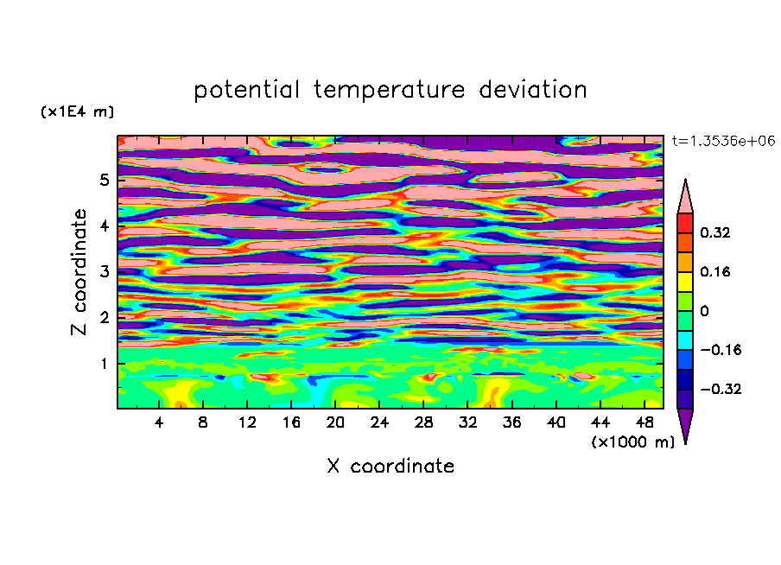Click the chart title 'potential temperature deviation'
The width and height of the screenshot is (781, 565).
(x=390, y=90)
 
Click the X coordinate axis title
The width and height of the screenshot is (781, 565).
(x=390, y=466)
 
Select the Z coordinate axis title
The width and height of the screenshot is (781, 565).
(x=79, y=271)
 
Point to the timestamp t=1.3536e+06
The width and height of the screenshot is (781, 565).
(x=723, y=141)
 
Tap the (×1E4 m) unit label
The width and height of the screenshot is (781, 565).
(x=77, y=111)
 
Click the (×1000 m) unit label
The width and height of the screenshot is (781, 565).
(x=632, y=442)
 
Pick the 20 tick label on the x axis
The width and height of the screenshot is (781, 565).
(x=335, y=422)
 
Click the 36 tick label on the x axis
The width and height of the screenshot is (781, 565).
(x=511, y=422)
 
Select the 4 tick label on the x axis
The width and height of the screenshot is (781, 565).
(x=159, y=422)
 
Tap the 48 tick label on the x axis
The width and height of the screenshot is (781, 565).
(x=644, y=422)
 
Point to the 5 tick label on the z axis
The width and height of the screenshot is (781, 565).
(x=104, y=180)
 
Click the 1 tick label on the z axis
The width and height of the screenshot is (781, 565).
(x=104, y=364)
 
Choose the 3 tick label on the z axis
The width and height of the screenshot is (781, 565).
(x=104, y=272)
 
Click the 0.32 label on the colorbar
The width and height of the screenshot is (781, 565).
(x=715, y=232)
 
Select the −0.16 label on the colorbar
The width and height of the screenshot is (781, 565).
(x=721, y=350)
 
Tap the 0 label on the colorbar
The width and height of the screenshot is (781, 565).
(x=704, y=311)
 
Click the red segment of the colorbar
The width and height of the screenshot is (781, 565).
(x=685, y=223)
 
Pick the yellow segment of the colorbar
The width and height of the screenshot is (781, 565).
(x=685, y=282)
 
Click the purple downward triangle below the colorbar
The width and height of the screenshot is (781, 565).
(x=685, y=423)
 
